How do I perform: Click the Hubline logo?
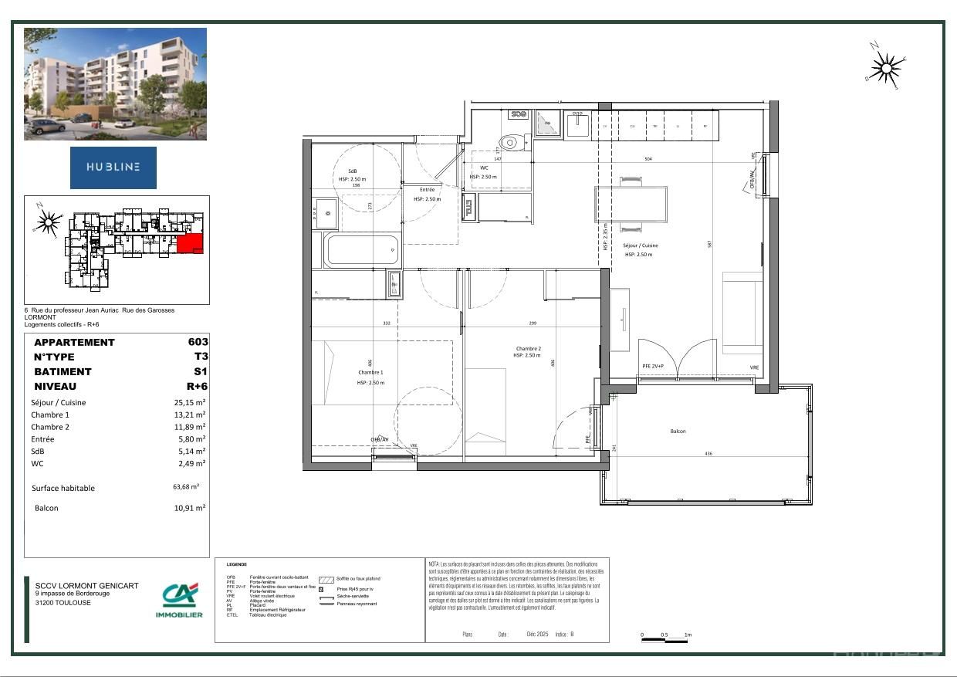coord(113,168)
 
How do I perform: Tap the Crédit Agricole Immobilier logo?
coord(179,600)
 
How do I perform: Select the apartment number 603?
coord(198,342)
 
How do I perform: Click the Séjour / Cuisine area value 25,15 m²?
coord(190,402)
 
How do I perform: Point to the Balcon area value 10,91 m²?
coord(190,508)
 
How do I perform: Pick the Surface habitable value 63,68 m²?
coord(186,487)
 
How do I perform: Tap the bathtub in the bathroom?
coord(362,249)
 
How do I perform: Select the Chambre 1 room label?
coord(370,372)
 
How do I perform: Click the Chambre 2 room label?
coord(529,348)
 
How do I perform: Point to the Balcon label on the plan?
coord(678,432)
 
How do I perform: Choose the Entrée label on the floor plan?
coord(427,189)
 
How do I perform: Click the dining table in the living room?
coord(631,204)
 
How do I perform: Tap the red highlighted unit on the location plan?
coord(190,244)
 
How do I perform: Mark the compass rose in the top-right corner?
coord(886,68)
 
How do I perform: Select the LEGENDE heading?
coord(237,565)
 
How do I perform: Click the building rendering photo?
coord(115,83)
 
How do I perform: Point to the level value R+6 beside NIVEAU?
coord(196,386)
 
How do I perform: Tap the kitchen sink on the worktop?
coord(577,124)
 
